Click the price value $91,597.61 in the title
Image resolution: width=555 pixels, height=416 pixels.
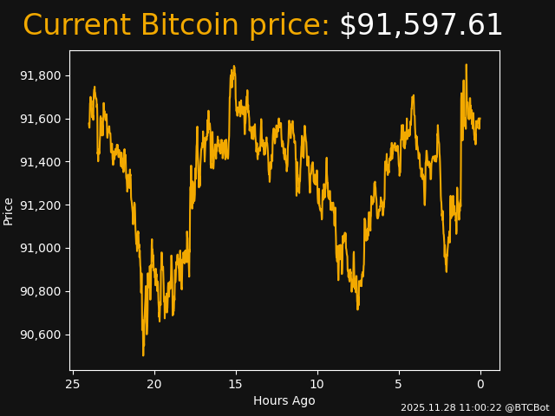(x=421, y=26)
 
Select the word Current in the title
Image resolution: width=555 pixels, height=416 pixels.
(x=76, y=26)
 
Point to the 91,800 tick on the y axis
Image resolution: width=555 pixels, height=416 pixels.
(x=41, y=75)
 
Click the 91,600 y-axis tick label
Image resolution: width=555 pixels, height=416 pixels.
(x=41, y=119)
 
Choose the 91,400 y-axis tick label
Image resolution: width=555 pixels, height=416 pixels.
(x=41, y=162)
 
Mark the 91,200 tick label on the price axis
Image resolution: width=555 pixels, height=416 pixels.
(x=41, y=205)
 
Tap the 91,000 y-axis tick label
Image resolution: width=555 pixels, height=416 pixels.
(x=41, y=249)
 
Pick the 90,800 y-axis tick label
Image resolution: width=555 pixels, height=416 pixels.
(x=41, y=291)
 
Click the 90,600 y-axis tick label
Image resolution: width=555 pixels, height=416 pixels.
(x=41, y=335)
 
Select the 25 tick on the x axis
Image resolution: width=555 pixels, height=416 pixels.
(x=73, y=384)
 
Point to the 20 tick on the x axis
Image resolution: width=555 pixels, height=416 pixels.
(x=154, y=384)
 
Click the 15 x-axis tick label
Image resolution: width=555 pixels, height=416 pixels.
(x=236, y=384)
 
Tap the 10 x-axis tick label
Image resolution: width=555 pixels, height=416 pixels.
(x=317, y=384)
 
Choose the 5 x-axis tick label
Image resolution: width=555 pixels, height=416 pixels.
(x=399, y=384)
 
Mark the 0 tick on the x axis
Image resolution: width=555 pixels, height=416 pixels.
(x=480, y=384)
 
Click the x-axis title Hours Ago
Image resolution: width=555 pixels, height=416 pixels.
(x=284, y=400)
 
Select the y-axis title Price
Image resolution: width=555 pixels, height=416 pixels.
(x=9, y=211)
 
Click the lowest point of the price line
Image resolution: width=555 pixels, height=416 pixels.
(x=143, y=354)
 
